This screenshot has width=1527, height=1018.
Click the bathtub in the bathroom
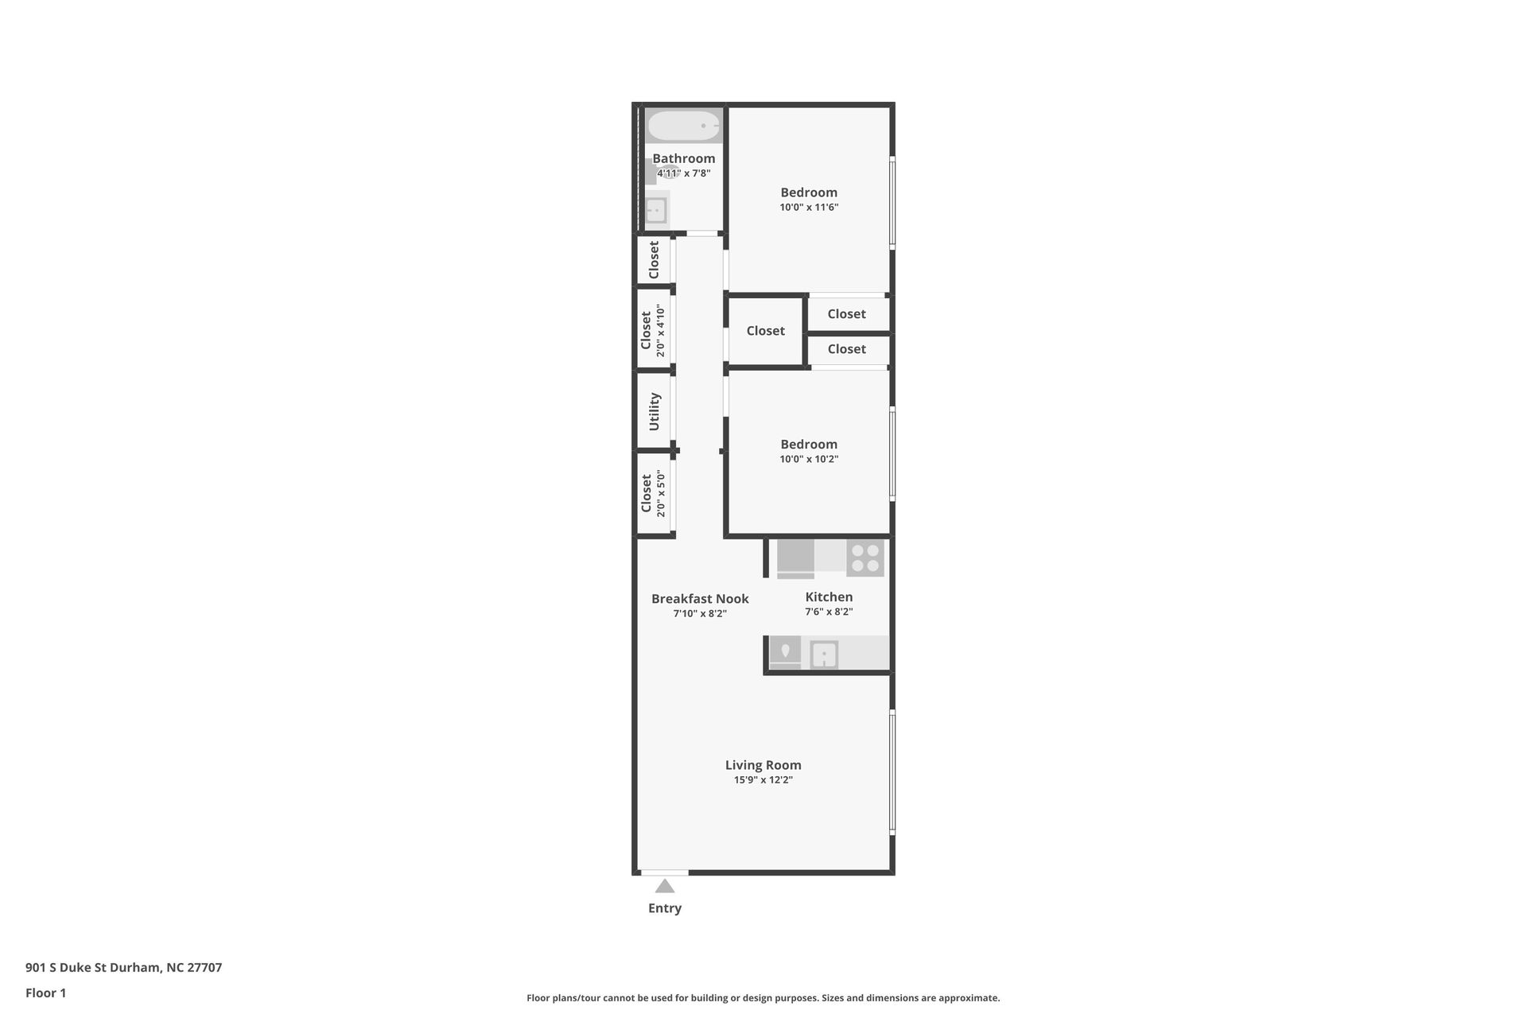coord(684,126)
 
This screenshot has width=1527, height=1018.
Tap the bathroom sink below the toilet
coord(656,211)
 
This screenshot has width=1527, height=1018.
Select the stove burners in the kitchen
coord(865,558)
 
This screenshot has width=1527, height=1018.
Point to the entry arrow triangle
coord(665,886)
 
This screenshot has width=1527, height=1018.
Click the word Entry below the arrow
coord(665,908)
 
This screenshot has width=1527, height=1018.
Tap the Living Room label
coord(763,765)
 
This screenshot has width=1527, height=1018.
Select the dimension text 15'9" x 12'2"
coord(763,780)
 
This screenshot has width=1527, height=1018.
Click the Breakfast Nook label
coord(700,599)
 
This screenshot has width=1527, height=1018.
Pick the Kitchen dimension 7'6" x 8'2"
coord(829,612)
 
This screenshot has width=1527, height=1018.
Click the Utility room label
coord(654,411)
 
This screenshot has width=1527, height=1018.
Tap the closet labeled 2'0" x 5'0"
coord(652,494)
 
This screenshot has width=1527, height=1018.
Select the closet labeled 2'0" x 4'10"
coord(652,330)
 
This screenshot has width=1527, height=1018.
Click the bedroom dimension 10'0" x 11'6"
coord(809,208)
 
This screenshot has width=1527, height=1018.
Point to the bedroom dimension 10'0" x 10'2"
coord(809,459)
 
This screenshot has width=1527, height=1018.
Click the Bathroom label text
coord(683,158)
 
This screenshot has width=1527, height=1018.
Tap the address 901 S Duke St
coord(123,968)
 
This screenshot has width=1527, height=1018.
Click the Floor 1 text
coord(45,993)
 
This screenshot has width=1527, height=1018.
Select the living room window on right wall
coord(892,771)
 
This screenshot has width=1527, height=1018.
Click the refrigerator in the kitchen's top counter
coord(795,558)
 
